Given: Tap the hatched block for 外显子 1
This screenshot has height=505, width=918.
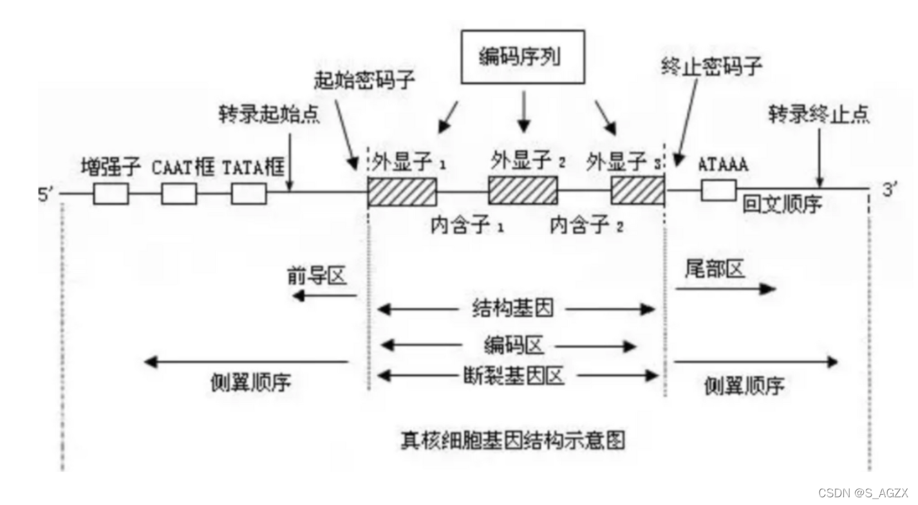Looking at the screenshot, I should coord(402,192).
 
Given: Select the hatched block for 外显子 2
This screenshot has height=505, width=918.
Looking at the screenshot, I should coord(523,190).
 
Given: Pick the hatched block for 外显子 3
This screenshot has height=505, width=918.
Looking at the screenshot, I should coord(637,190).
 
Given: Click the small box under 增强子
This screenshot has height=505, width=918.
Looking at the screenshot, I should coord(111,193).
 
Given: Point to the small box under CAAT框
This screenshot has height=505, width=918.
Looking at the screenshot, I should coord(179,193).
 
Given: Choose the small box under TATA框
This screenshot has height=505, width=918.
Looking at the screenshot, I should coord(248,193).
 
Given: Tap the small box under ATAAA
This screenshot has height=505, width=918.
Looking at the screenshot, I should coord(718,190).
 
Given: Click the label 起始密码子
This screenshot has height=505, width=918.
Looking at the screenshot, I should coord(364,80).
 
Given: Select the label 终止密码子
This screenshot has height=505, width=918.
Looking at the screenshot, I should coord(711,66).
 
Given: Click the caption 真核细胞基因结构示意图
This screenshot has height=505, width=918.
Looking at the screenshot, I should coord(512,440).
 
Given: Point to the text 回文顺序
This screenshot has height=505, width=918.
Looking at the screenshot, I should coord(782,204).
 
